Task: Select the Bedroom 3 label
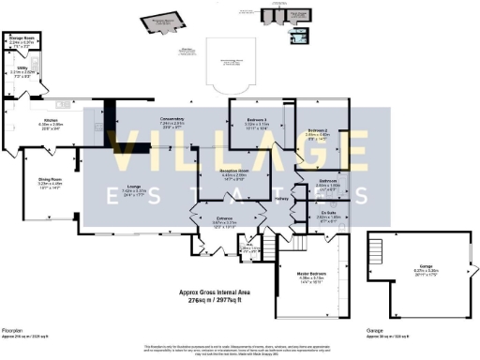point(258,120)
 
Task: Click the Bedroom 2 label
point(319,130)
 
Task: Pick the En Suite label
point(327,213)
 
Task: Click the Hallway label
point(281,198)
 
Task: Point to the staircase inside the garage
point(378,252)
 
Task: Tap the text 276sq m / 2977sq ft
point(217,299)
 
